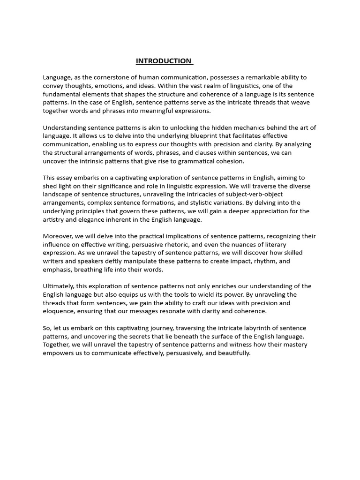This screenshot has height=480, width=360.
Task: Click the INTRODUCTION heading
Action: pyautogui.click(x=164, y=61)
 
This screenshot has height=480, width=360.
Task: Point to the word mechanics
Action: pyautogui.click(x=243, y=128)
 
